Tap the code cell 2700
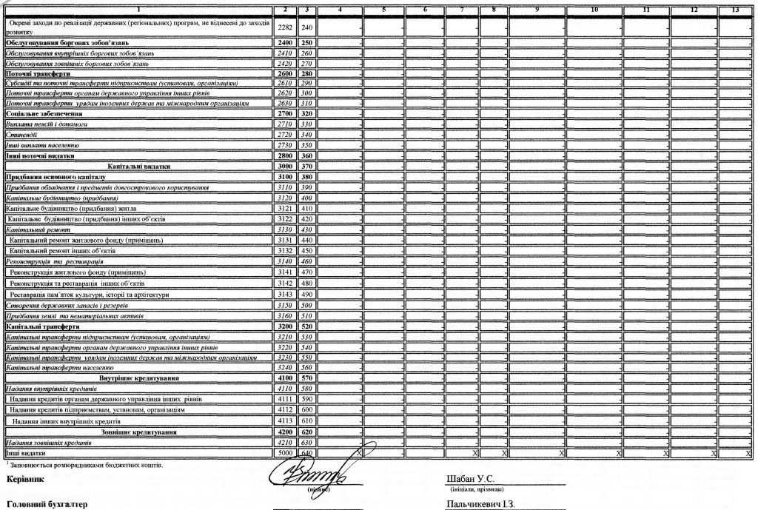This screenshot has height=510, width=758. (285, 115)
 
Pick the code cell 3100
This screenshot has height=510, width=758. (285, 178)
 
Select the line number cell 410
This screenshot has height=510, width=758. (308, 209)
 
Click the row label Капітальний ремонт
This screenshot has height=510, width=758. (32, 230)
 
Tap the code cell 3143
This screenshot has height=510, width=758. (285, 294)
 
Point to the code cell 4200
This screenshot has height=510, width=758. (285, 432)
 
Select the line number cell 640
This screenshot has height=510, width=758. (308, 452)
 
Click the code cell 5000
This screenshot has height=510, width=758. (285, 452)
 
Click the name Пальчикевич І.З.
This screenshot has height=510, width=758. (480, 504)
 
